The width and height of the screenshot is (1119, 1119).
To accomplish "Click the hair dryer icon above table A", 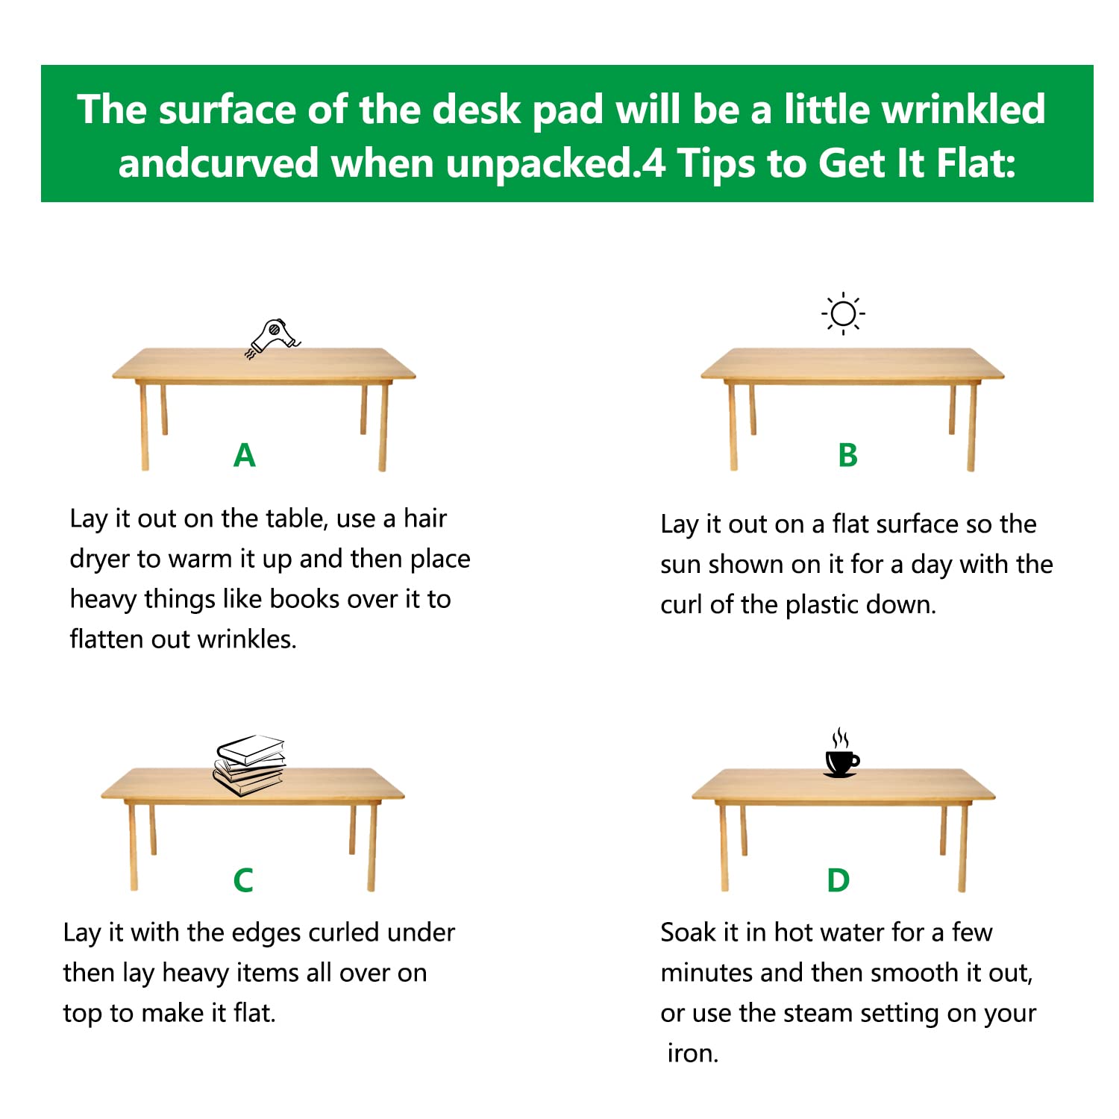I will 273,338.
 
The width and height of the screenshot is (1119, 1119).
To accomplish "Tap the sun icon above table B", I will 843,313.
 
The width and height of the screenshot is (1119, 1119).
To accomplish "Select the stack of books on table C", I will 250,765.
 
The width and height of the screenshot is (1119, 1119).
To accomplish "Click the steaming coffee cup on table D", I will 841,756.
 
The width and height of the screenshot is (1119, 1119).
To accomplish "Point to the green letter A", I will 245,455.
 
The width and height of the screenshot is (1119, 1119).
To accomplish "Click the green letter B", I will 847,455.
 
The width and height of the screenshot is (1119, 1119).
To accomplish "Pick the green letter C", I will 243,880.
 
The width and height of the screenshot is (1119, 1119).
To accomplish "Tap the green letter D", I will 839,880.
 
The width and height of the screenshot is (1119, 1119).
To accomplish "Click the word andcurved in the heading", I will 219,163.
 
